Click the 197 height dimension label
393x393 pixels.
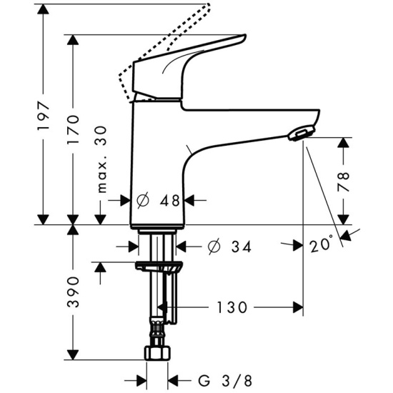[x=44, y=116]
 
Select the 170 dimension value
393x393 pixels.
[x=73, y=129]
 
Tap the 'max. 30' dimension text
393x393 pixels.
[x=101, y=159]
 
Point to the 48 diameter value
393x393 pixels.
[x=170, y=200]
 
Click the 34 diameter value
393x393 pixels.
[x=241, y=247]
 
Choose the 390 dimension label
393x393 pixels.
[x=73, y=292]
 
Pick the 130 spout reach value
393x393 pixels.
[x=232, y=307]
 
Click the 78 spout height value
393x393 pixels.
[x=344, y=181]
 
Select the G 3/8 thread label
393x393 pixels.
[x=225, y=381]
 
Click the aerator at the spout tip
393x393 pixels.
[x=301, y=133]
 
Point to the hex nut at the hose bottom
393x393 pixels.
[x=158, y=353]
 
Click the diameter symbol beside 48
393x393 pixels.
[x=143, y=200]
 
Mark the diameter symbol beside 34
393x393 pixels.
[x=214, y=247]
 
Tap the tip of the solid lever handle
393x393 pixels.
[x=245, y=36]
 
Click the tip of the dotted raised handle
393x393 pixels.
[x=208, y=4]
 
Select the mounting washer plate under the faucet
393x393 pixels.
[x=159, y=266]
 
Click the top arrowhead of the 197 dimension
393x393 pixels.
[x=44, y=9]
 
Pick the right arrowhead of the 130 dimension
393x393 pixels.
[x=298, y=307]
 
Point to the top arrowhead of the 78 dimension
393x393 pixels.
[x=344, y=142]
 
